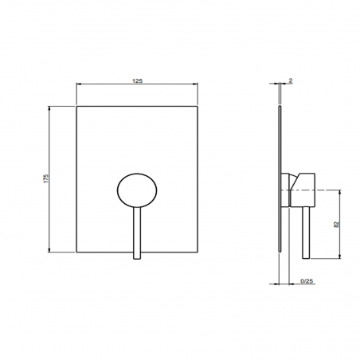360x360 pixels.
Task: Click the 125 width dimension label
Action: click(137, 80)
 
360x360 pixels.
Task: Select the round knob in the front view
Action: click(138, 190)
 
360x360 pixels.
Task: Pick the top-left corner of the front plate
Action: click(77, 105)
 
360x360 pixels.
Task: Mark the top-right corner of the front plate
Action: click(197, 105)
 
